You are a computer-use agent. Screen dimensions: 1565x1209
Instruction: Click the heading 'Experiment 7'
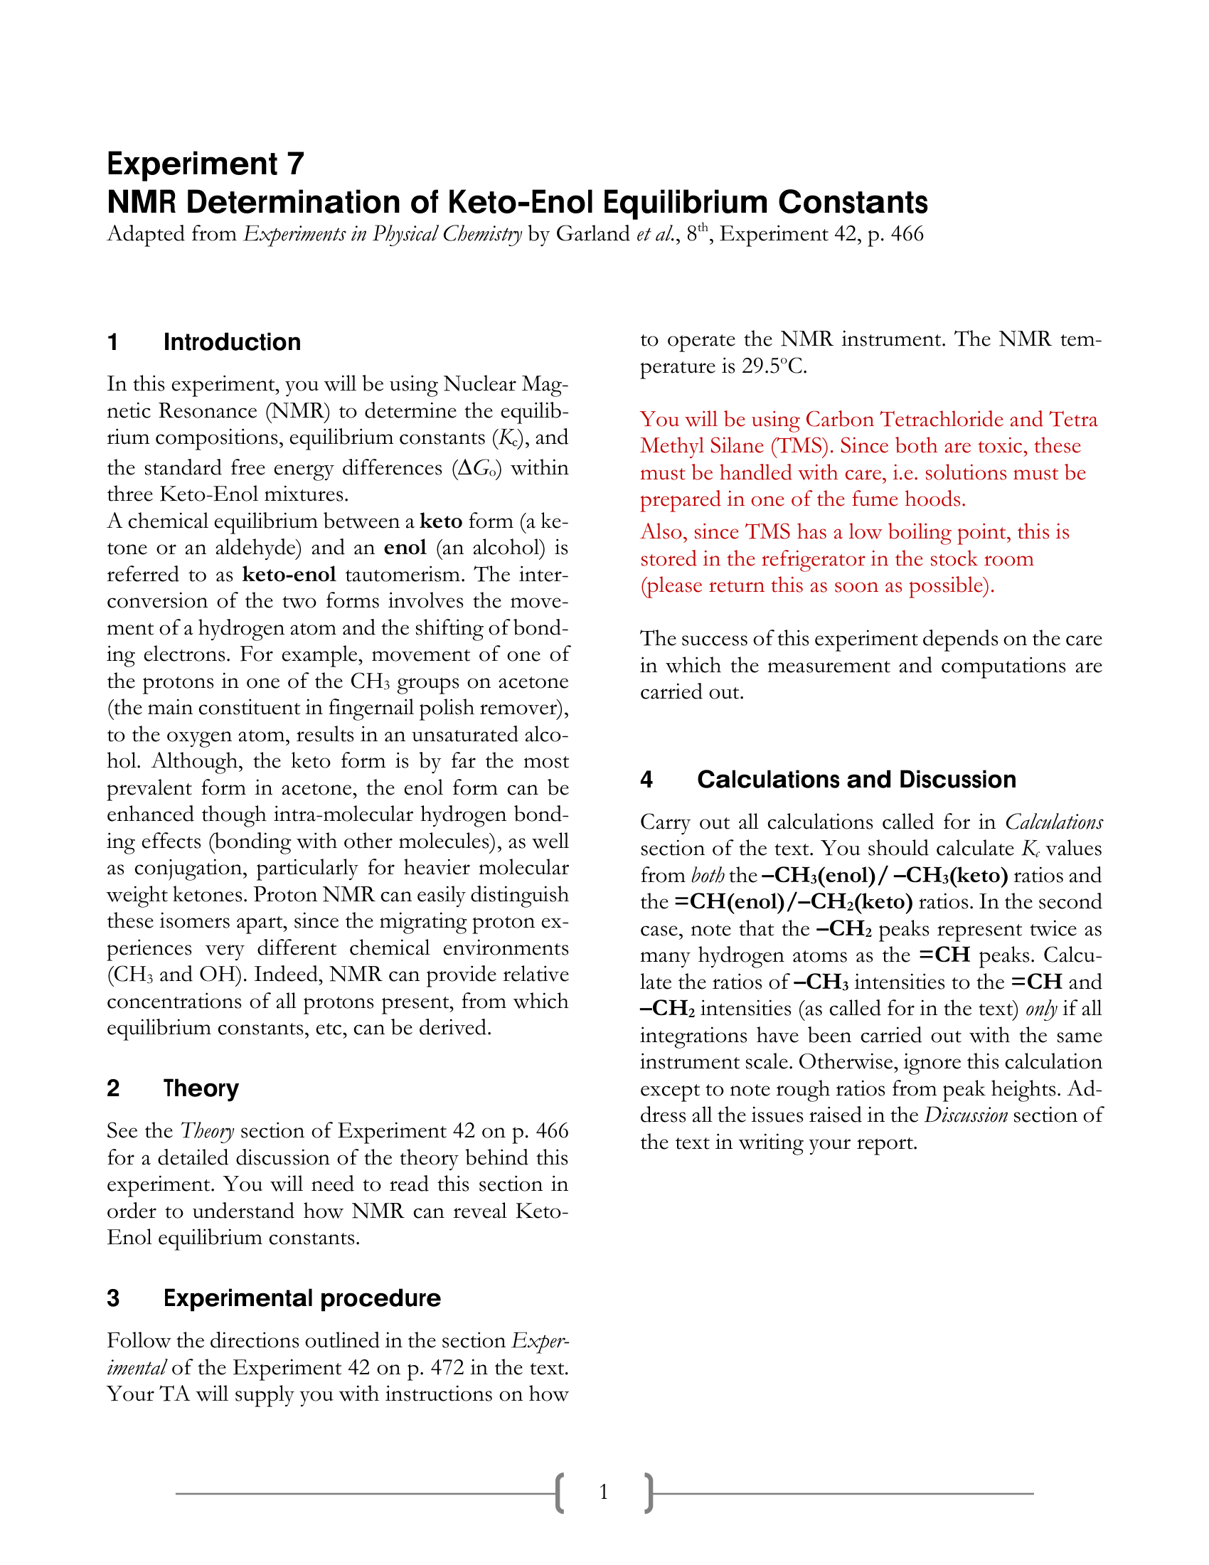tap(206, 164)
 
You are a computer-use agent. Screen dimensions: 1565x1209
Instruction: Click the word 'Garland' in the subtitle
tap(592, 234)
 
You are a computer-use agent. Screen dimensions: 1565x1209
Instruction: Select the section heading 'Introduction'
tap(232, 343)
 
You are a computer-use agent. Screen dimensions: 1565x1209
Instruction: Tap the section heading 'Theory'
tap(201, 1088)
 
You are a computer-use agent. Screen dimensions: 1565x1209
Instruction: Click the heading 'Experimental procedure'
tap(302, 1298)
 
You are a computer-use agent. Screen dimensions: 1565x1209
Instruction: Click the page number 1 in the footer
tap(604, 1492)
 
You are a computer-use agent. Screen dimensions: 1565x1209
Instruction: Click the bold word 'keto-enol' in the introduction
tap(289, 575)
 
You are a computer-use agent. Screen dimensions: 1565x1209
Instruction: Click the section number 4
tap(646, 780)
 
